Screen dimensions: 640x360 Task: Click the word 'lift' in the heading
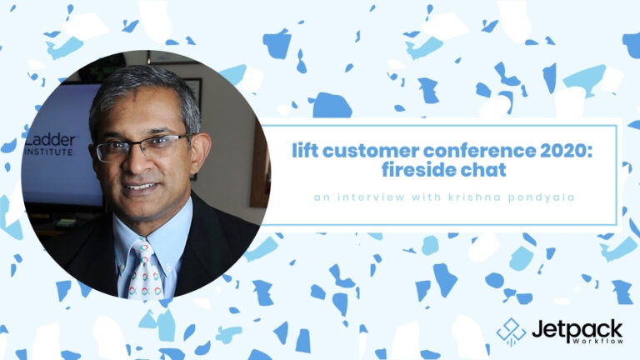[305, 150]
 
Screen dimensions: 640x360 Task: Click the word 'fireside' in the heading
[419, 169]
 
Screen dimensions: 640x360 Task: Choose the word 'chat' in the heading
[483, 169]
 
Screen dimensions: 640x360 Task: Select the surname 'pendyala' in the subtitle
[541, 198]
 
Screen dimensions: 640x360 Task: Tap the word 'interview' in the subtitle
[371, 197]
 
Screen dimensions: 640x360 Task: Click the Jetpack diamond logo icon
[511, 332]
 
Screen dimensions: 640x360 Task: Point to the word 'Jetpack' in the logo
[577, 329]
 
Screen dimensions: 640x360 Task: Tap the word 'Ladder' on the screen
[50, 140]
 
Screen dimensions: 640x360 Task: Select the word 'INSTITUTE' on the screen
[49, 152]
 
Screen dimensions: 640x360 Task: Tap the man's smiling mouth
[141, 187]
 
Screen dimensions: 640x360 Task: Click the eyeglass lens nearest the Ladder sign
[109, 152]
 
